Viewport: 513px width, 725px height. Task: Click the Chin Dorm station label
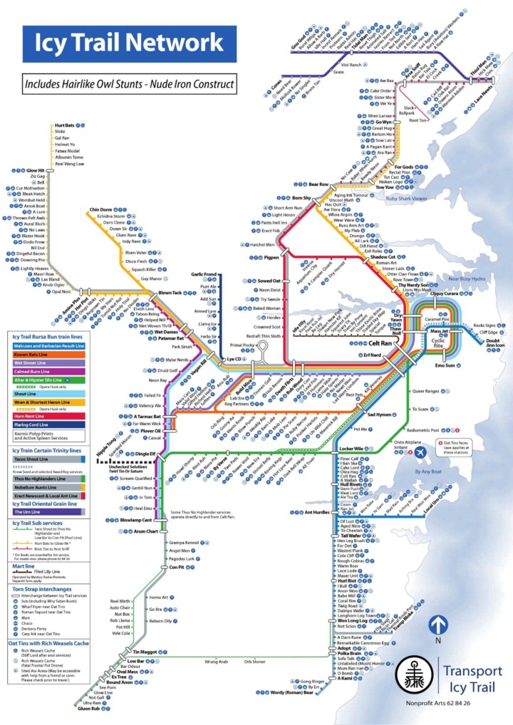[103, 209]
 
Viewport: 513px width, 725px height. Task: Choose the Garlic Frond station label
[204, 274]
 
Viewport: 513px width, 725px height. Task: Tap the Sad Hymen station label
[380, 414]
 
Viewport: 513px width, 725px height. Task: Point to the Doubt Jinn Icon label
[494, 343]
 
